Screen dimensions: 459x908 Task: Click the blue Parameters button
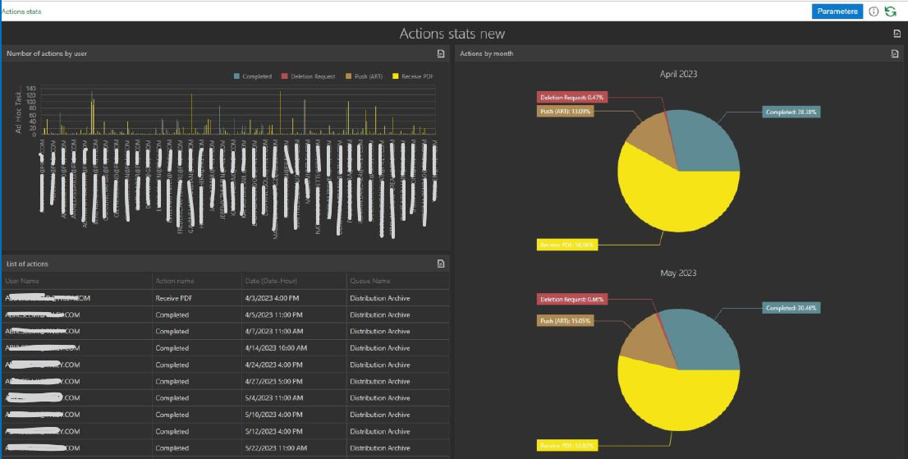837,11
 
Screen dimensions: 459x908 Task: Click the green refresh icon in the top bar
890,11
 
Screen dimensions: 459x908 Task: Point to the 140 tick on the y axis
31,88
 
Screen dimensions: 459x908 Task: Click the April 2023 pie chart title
678,74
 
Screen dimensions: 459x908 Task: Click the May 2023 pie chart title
678,273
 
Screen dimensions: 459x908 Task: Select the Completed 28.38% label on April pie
791,112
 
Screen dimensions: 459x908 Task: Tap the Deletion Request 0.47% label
571,97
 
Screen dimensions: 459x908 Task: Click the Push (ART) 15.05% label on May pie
566,320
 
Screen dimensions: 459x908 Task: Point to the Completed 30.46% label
791,308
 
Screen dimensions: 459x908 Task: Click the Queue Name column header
370,281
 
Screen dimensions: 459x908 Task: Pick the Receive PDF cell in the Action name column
173,298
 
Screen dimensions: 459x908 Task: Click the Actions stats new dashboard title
452,34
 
